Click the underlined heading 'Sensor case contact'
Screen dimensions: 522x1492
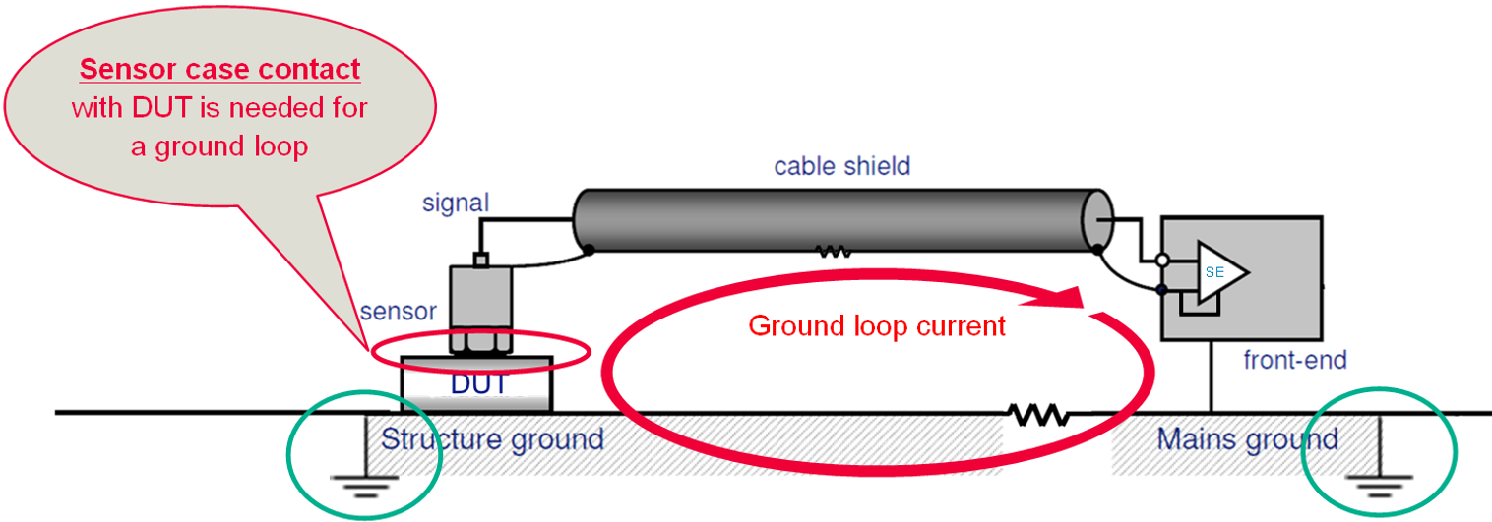[219, 70]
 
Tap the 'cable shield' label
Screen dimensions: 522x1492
[841, 165]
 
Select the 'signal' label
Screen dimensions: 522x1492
[456, 203]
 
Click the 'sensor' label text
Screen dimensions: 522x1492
[398, 312]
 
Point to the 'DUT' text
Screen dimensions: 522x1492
[478, 383]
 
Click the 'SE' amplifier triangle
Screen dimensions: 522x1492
[1219, 272]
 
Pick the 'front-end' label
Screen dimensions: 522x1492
[1294, 360]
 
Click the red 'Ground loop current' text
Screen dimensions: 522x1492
[877, 325]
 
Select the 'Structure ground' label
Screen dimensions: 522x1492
[492, 438]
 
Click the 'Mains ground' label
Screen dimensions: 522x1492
[1247, 438]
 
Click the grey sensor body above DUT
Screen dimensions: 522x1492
[480, 300]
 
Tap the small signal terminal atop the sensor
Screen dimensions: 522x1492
[480, 260]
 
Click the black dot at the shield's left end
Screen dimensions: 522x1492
[589, 249]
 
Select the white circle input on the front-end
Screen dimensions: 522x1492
[1162, 261]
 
